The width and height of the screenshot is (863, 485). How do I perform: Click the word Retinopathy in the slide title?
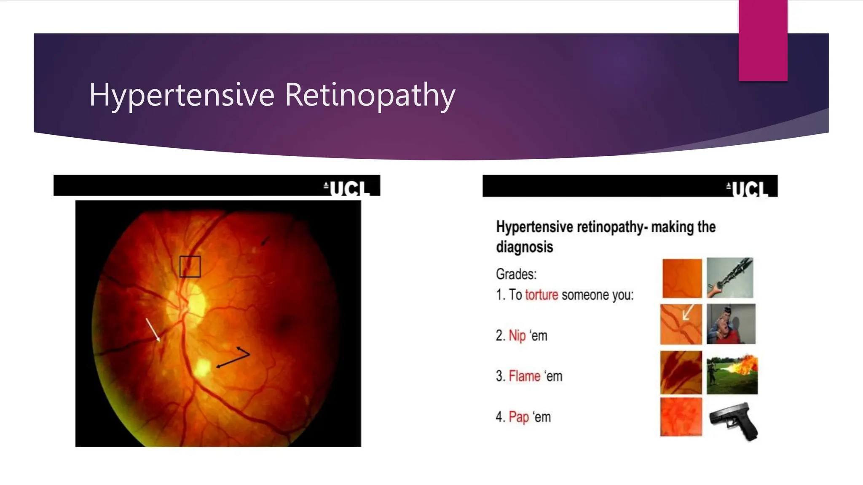click(370, 95)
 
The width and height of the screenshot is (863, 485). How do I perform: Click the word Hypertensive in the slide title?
click(182, 95)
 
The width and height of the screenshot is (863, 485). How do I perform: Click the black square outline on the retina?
click(190, 266)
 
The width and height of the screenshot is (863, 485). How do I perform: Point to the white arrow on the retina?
click(153, 329)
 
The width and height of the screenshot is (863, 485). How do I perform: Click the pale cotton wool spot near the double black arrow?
click(203, 367)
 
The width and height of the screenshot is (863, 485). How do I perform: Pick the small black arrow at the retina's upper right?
click(265, 240)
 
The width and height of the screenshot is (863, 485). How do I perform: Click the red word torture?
click(541, 295)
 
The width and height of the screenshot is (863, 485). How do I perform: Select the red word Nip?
click(517, 336)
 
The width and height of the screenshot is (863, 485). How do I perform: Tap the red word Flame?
click(524, 376)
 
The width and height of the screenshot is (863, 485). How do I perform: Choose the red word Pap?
click(518, 417)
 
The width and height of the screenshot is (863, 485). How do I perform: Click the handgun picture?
click(733, 420)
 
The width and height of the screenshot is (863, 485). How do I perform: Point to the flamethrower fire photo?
click(732, 374)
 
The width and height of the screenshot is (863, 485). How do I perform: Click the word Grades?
click(516, 274)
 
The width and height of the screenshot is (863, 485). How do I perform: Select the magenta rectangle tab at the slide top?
click(763, 40)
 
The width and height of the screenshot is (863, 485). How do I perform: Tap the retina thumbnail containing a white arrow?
click(681, 324)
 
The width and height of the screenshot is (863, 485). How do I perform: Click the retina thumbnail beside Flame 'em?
click(681, 372)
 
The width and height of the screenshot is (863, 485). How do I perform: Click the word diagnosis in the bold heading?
click(524, 247)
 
